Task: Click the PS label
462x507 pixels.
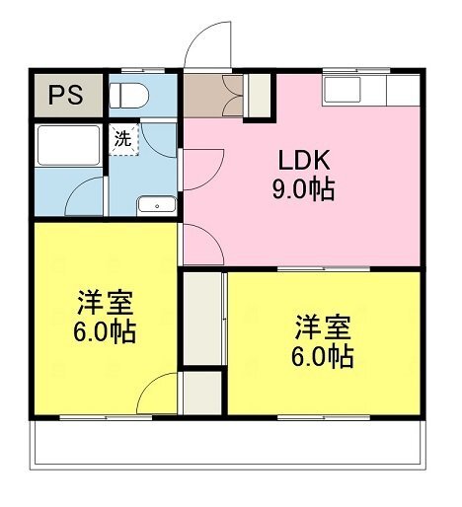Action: tap(66, 95)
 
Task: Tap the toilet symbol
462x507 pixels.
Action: tap(128, 96)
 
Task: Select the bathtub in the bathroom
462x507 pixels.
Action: tap(68, 146)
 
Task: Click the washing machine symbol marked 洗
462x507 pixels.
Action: tap(124, 139)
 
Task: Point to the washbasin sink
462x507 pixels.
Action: tap(157, 205)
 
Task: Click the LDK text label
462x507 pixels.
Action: tap(304, 160)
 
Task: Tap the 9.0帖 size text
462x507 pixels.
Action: tap(303, 189)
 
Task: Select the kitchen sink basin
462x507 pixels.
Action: tap(343, 89)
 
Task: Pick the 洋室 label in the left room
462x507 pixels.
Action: tap(106, 303)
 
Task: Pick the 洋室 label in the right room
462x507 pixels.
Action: tap(323, 327)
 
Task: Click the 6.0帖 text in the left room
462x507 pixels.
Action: tap(105, 332)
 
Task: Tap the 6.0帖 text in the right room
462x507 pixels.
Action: tap(323, 356)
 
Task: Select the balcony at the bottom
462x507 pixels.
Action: tap(228, 445)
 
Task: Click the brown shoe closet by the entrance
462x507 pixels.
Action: tap(213, 96)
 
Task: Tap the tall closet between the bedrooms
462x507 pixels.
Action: tap(202, 319)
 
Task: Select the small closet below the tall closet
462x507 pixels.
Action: tap(202, 393)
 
